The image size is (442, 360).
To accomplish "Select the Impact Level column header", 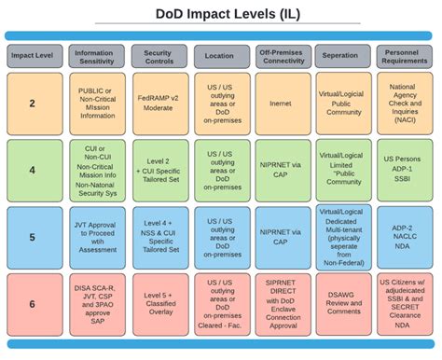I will click(x=32, y=55).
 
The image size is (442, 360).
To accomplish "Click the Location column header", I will click(x=220, y=55).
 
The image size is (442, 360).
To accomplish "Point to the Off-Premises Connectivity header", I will click(x=283, y=55).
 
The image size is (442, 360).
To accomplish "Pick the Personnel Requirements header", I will click(x=403, y=55).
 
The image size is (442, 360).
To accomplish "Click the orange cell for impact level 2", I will click(x=32, y=104).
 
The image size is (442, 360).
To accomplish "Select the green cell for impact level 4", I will click(x=32, y=171).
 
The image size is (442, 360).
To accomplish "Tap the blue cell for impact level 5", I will click(x=32, y=237).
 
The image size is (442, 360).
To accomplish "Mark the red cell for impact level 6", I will click(x=32, y=303).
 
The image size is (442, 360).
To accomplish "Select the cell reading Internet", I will click(x=283, y=104).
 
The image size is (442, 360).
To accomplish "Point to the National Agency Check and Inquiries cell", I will click(x=403, y=104).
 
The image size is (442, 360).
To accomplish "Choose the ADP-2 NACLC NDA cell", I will click(x=403, y=237).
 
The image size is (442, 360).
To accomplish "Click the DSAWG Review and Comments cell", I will click(x=343, y=303).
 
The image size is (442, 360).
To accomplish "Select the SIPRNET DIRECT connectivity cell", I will click(x=283, y=303).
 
